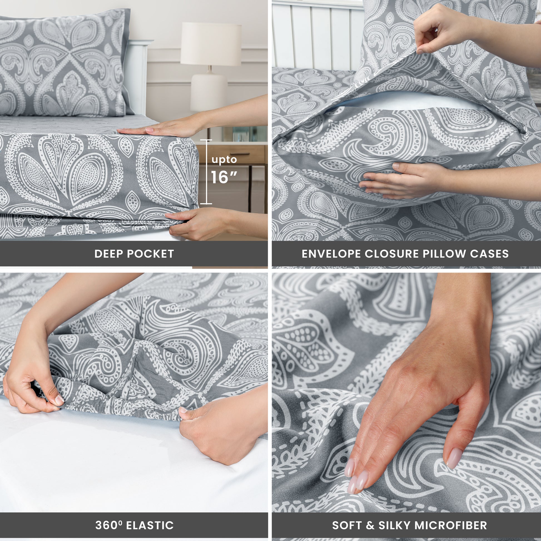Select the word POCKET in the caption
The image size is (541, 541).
point(150,254)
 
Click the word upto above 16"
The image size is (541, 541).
point(224,160)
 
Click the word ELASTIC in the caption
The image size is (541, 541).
point(150,518)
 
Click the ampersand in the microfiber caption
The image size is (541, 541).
point(370,518)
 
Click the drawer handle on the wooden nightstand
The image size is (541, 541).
point(235,154)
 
